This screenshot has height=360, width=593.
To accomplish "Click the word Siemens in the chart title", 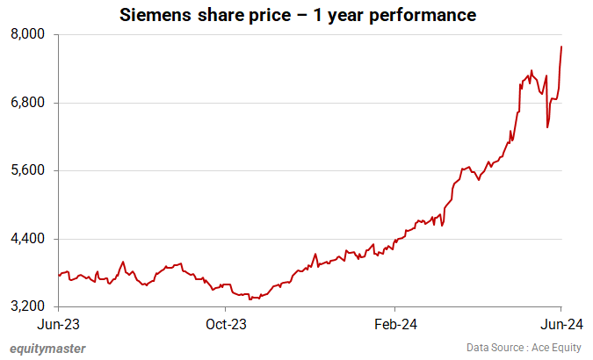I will pos(154,15).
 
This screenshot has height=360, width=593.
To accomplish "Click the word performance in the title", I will pos(426,15).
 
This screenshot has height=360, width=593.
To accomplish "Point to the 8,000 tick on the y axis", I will pos(32,34).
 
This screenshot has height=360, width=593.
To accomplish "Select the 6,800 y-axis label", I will pos(32,103).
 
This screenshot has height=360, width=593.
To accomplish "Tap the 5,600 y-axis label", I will pos(32,170).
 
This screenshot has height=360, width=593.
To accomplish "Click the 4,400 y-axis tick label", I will pos(32,239).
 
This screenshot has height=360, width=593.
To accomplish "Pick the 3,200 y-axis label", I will pos(32,306).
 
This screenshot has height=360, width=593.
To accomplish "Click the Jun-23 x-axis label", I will pos(58,323).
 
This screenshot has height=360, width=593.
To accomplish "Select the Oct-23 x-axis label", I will pos(226,323).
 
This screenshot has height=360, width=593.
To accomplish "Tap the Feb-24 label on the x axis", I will pos(394,323).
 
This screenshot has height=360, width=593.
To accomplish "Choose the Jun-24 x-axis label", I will pos(562,323).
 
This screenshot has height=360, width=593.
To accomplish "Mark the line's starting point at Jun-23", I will pos(59,276).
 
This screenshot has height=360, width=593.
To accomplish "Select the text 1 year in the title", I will pos(328,15).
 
